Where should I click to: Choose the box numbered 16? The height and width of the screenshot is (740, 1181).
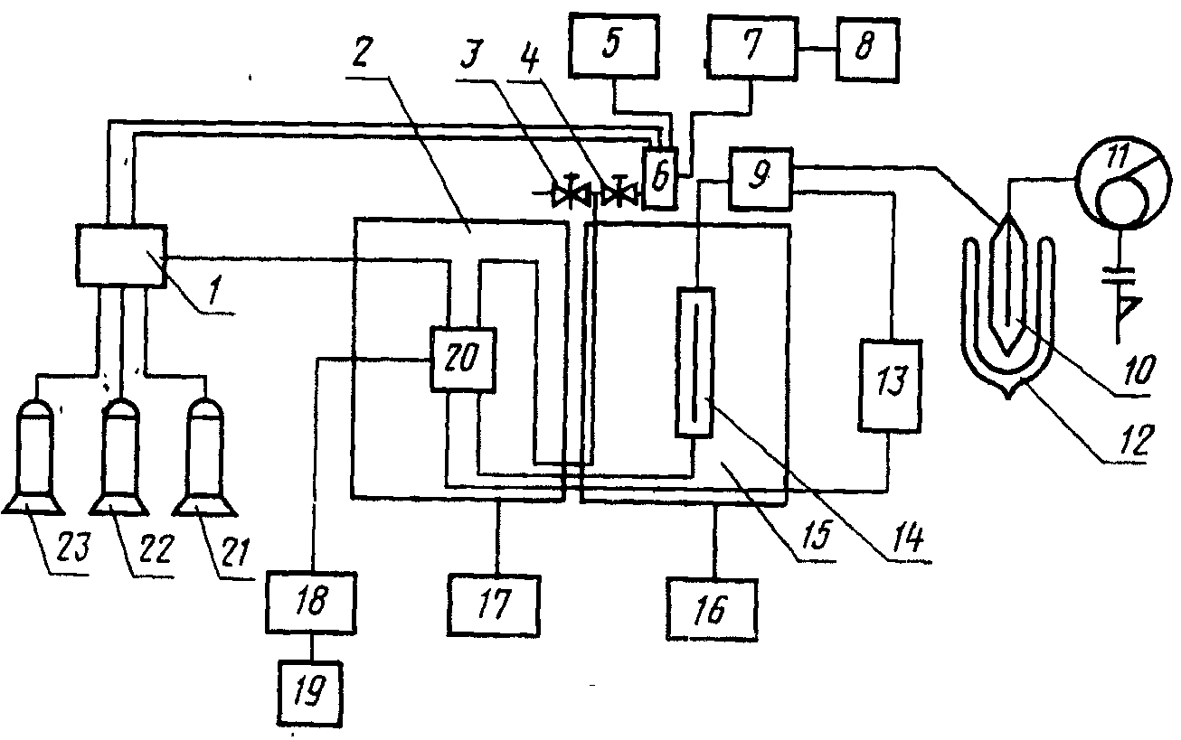pos(713,612)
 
